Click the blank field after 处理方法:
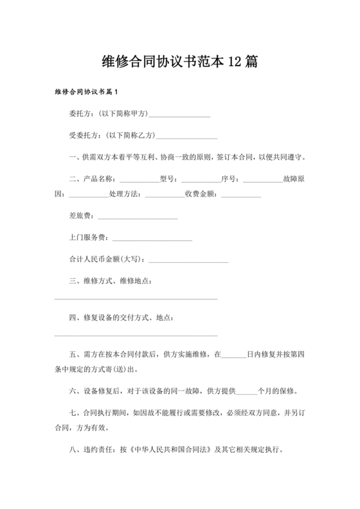(165, 195)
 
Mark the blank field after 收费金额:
(241, 195)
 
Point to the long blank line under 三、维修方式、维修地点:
(136, 298)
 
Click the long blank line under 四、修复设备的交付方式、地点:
(136, 335)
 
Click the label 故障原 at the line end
(296, 179)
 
